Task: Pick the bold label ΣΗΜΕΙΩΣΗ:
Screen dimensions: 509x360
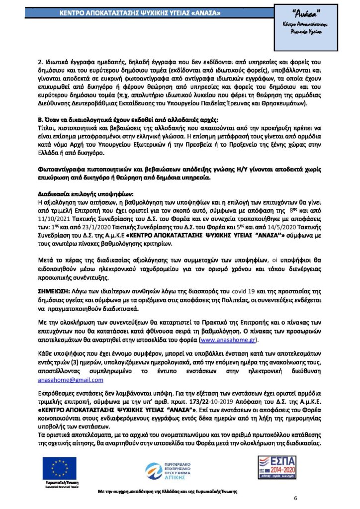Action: pyautogui.click(x=55, y=290)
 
